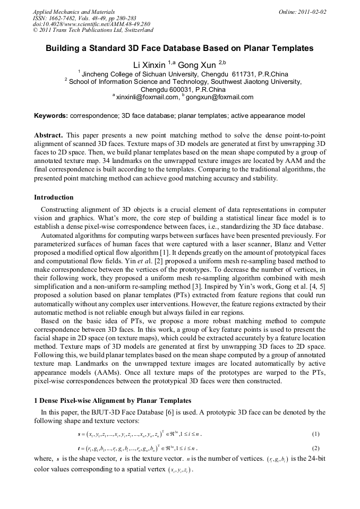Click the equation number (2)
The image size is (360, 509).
(x=316, y=448)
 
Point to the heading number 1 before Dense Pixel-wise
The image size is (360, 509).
(x=36, y=400)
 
